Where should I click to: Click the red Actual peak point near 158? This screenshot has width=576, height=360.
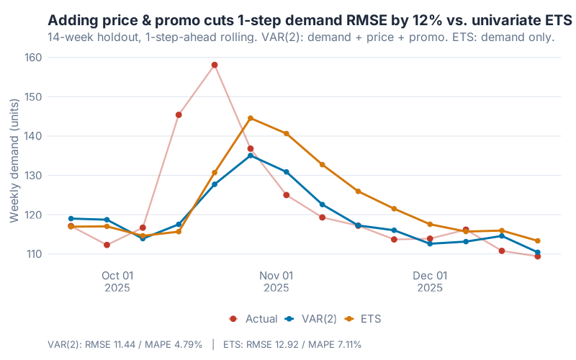click(x=215, y=65)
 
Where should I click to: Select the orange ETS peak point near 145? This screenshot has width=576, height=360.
click(x=251, y=118)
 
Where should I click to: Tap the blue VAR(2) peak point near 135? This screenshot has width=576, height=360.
click(x=251, y=156)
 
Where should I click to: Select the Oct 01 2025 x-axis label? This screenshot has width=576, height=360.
click(x=117, y=282)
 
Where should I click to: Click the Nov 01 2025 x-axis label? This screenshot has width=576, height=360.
click(x=276, y=282)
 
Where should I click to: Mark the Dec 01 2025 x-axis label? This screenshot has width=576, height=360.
click(x=430, y=282)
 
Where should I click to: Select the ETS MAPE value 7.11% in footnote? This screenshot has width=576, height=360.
click(x=343, y=345)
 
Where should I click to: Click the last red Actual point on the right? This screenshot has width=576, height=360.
click(x=538, y=256)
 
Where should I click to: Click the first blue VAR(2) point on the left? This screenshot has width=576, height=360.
click(x=71, y=218)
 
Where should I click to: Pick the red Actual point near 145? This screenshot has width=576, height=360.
click(x=179, y=114)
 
